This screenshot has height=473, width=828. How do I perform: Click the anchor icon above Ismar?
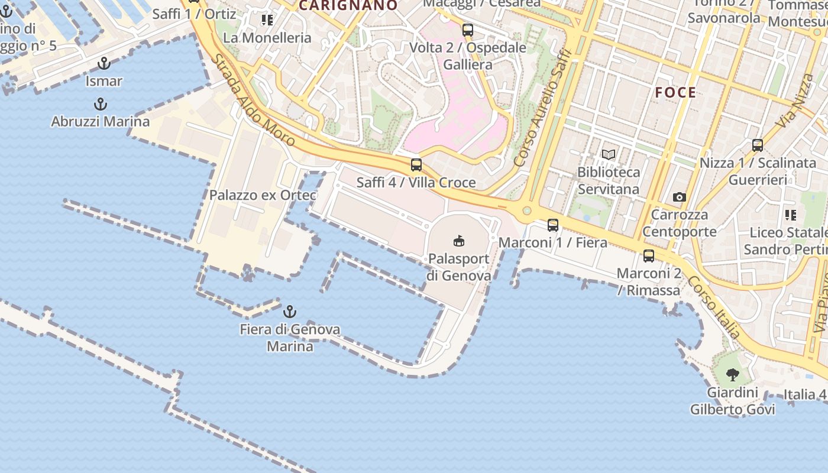point(104,63)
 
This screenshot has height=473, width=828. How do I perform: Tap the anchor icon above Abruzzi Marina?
point(101,105)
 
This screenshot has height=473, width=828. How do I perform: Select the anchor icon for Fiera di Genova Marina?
point(290,311)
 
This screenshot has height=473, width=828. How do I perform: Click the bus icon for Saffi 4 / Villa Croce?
point(416,165)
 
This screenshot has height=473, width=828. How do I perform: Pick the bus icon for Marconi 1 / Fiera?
point(553,225)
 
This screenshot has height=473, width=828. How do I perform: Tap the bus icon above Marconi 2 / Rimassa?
point(649,256)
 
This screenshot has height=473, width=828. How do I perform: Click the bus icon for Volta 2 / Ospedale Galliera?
point(468,30)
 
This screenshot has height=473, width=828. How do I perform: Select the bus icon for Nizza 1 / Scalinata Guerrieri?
point(758,145)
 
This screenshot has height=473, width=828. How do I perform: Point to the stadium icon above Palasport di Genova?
point(459,241)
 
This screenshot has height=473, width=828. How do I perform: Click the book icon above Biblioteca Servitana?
point(609,155)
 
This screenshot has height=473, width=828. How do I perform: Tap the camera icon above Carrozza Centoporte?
point(680,197)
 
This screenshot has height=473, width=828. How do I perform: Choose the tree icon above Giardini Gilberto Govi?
point(732,374)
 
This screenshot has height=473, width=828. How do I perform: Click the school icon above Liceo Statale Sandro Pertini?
point(791,215)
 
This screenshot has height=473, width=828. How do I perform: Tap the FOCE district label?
point(675,93)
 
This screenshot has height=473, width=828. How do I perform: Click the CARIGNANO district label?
point(348,6)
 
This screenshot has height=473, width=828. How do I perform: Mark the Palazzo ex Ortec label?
point(263,195)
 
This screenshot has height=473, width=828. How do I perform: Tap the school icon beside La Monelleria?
point(267,21)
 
